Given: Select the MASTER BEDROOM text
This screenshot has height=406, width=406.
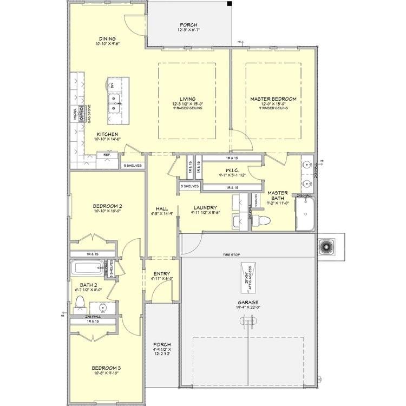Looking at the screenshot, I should (x=273, y=99).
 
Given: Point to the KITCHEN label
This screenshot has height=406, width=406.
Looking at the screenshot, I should (x=107, y=134).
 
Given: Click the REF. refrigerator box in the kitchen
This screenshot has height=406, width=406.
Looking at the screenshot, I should (x=107, y=155).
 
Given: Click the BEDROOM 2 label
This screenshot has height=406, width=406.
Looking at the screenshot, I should (x=107, y=206).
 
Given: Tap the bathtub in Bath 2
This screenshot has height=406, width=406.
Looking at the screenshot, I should (x=87, y=268).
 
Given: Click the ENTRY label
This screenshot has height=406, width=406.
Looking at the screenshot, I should (x=161, y=274).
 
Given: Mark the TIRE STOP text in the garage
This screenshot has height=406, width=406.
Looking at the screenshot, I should (x=232, y=255).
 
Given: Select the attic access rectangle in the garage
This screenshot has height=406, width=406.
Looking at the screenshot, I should (x=248, y=277).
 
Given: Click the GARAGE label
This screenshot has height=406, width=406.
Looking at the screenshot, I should (x=247, y=303).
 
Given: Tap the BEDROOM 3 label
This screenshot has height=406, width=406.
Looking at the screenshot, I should (x=106, y=368).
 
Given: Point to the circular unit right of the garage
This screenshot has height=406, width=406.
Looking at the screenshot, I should (x=327, y=247).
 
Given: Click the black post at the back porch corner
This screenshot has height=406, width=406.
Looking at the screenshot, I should (x=230, y=4).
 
